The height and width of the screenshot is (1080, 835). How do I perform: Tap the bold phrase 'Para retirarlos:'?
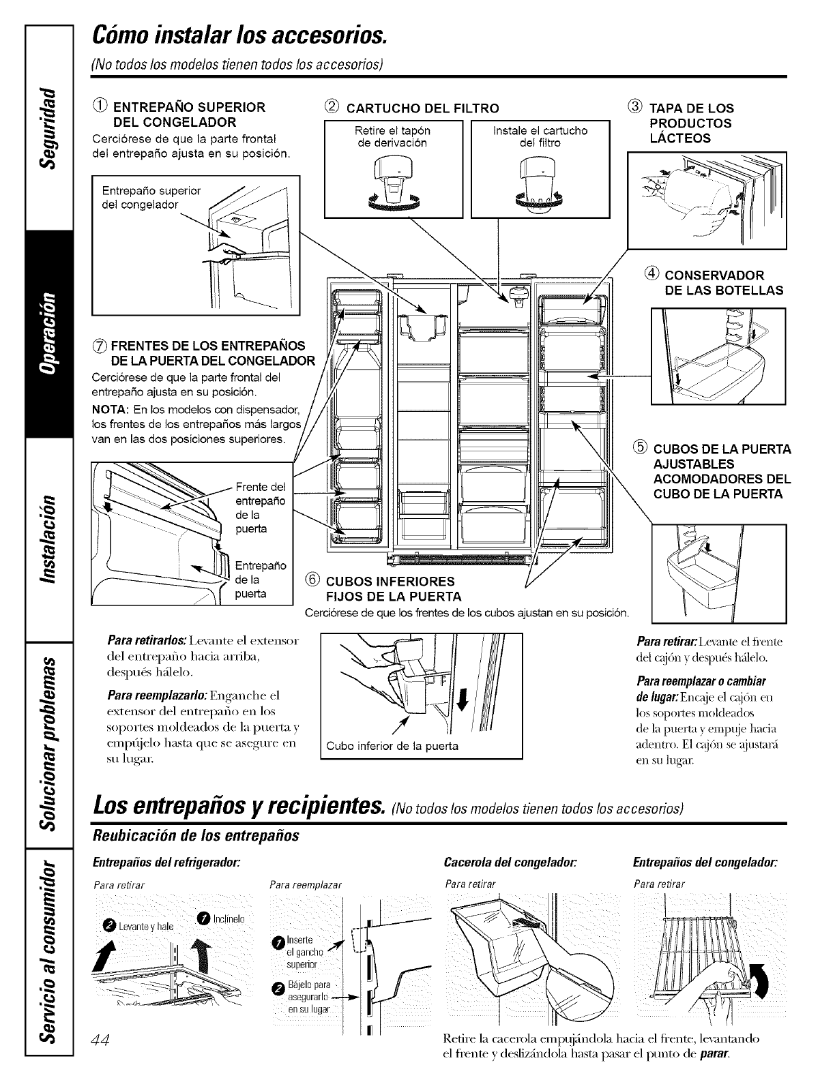(145, 642)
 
